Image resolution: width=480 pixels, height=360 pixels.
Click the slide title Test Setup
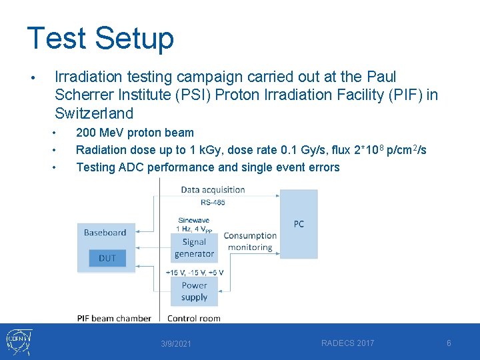pos(100,38)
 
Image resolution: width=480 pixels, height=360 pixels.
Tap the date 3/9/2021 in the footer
pos(175,344)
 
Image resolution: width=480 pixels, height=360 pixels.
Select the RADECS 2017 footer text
pos(347,343)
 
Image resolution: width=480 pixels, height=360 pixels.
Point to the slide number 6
pos(449,343)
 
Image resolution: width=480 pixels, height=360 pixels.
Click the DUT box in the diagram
pos(107,258)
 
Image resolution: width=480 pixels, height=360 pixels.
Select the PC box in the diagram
pos(299,224)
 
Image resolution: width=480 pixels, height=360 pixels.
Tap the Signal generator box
pos(194,248)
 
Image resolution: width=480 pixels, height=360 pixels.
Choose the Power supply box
pos(194,291)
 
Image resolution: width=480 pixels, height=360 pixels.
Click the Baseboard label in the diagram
pos(105,233)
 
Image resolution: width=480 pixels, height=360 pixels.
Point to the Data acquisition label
pos(213,189)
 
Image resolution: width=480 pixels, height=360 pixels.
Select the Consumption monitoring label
pos(250,241)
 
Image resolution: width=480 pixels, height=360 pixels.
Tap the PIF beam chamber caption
pos(114,318)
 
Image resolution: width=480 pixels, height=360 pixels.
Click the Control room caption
pos(193,318)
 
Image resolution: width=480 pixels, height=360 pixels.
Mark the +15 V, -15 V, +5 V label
pos(194,272)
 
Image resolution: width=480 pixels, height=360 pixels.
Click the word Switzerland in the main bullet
pos(94,113)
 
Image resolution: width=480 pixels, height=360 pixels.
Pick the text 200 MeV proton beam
pos(135,133)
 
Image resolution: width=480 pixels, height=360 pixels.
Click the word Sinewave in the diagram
pos(194,220)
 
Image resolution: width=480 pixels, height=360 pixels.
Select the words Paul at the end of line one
pos(381,77)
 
